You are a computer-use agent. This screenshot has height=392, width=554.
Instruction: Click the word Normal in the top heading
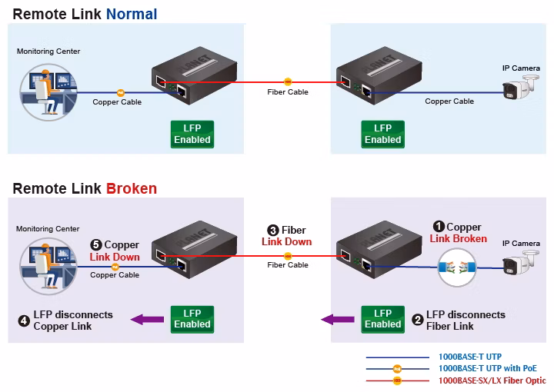(132, 14)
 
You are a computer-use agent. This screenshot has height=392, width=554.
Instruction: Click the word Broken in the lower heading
(132, 188)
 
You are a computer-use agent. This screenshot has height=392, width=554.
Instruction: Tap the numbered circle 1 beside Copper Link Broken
(439, 227)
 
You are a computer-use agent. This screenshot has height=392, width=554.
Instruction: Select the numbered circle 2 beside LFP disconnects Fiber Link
(418, 320)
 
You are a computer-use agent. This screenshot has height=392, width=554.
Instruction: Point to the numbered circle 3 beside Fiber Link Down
(273, 231)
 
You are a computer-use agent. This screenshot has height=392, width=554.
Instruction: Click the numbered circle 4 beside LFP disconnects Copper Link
(24, 321)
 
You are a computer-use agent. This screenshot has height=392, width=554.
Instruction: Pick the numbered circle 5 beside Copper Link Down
(96, 244)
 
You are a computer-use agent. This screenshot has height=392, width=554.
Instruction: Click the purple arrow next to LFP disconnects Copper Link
(147, 320)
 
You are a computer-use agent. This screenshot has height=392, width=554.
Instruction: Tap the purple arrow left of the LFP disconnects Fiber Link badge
(338, 320)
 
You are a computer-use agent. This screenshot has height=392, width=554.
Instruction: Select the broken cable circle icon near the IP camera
(457, 267)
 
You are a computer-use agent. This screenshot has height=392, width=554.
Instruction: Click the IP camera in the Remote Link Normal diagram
(520, 87)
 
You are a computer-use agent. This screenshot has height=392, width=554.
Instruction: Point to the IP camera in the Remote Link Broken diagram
(520, 263)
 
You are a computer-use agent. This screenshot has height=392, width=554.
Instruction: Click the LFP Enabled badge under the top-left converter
(192, 134)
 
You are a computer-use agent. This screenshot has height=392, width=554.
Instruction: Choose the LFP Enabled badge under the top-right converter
(383, 134)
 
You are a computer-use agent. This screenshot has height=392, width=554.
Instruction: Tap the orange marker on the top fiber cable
(288, 81)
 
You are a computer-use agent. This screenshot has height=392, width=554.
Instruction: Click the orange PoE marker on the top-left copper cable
(121, 93)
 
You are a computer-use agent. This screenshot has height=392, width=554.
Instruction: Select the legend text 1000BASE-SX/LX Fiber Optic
(492, 380)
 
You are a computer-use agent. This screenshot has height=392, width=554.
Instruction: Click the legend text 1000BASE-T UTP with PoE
(488, 368)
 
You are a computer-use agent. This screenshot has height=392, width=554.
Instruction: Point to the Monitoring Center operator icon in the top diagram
(48, 92)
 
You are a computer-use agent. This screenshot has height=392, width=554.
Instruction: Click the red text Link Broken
(459, 238)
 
